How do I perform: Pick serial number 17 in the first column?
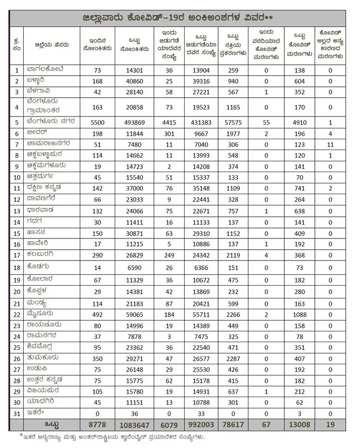point(17,254)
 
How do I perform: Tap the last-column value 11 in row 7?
point(331,145)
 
